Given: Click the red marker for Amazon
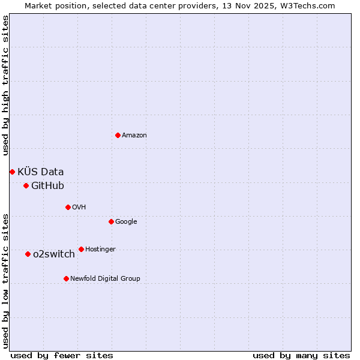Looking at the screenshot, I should tap(118, 135).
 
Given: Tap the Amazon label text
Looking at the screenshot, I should tap(134, 136).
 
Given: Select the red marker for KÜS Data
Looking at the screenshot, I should tap(12, 172).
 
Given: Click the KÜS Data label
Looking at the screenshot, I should tap(40, 172).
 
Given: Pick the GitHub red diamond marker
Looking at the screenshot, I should tap(26, 185).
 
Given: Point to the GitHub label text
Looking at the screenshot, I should tap(47, 186).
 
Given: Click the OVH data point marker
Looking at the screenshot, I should tap(68, 207).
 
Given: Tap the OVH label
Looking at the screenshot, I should tap(79, 208).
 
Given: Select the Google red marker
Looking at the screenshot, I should tap(111, 221).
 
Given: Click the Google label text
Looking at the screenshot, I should tap(126, 222).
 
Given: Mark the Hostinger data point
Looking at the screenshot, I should tap(81, 249).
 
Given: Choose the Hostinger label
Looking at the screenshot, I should tap(100, 250).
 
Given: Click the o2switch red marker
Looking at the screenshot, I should tap(28, 254).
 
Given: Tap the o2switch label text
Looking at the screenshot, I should tap(54, 254).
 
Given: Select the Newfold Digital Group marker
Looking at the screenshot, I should tap(66, 278).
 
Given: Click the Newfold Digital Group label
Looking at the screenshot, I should tap(105, 279).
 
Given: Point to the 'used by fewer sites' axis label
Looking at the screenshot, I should tap(62, 355).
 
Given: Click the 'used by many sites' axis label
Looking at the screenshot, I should tap(301, 355).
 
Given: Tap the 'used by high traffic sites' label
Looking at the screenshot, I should tap(5, 86).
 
